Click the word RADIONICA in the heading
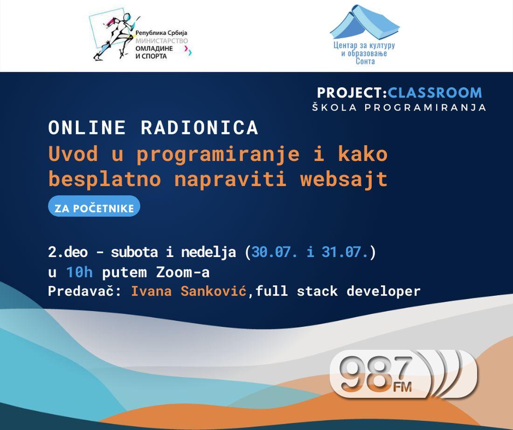[x=200, y=128]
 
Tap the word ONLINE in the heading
[x=87, y=128]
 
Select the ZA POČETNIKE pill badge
[x=94, y=206]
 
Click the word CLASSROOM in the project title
[x=435, y=93]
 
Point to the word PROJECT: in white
[x=352, y=93]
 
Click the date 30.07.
[x=274, y=252]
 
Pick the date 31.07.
[x=345, y=252]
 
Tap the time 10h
[x=79, y=272]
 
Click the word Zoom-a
[x=183, y=272]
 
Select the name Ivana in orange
[x=152, y=291]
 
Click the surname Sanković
[x=214, y=291]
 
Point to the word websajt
[x=344, y=180]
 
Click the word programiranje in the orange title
[x=218, y=154]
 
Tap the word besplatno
[x=104, y=180]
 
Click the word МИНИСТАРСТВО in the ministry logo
[x=162, y=41]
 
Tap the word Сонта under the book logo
[x=365, y=61]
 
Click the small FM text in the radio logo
[x=402, y=387]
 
